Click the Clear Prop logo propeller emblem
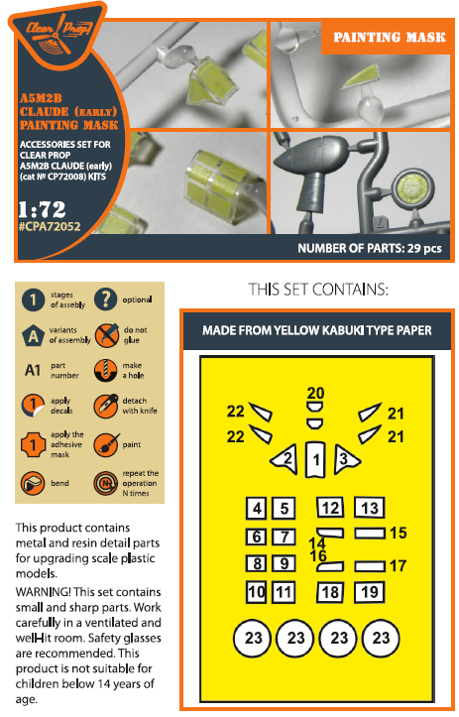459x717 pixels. [x=58, y=35]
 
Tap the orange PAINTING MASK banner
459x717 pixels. [x=389, y=38]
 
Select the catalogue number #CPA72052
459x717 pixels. [x=50, y=226]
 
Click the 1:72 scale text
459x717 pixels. [x=42, y=209]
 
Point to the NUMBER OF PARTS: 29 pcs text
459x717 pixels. [x=370, y=248]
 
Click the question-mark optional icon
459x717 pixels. [x=106, y=299]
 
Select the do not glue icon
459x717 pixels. [x=107, y=335]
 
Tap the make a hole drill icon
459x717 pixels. [x=106, y=370]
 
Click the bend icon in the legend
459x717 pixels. [x=33, y=483]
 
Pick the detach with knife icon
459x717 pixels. [x=106, y=406]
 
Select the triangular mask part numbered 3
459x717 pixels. [x=347, y=458]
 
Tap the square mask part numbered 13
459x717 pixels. [x=370, y=508]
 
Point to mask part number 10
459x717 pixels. [x=257, y=592]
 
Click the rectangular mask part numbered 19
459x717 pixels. [x=370, y=592]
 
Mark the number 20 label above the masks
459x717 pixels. [x=315, y=393]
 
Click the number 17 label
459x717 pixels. [x=398, y=565]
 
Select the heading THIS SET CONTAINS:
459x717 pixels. [x=318, y=290]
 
